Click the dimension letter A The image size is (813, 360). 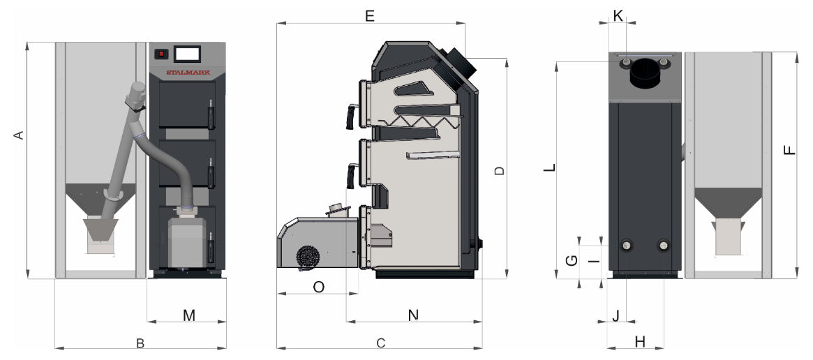pyautogui.click(x=19, y=135)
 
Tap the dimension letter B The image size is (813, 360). pyautogui.click(x=140, y=343)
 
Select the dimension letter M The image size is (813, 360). pyautogui.click(x=189, y=315)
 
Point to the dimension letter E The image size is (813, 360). pyautogui.click(x=370, y=16)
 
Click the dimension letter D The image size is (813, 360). pyautogui.click(x=499, y=171)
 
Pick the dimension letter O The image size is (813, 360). pyautogui.click(x=319, y=287)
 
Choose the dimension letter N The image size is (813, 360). pyautogui.click(x=413, y=315)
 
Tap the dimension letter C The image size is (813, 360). pyautogui.click(x=381, y=343)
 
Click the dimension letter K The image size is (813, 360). pyautogui.click(x=618, y=15)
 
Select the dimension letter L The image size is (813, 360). pyautogui.click(x=551, y=168)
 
